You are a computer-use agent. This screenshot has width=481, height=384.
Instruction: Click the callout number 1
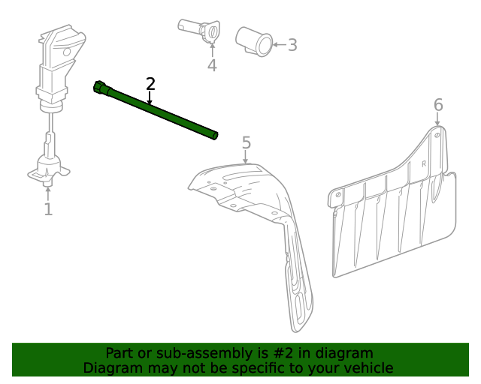[48, 209]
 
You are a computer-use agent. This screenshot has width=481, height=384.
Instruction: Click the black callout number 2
[150, 83]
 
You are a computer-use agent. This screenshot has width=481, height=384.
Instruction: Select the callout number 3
[292, 45]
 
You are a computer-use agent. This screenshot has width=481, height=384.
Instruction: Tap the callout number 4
[212, 66]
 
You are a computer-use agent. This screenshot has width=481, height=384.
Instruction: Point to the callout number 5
[246, 142]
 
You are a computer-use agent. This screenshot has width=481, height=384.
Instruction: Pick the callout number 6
[439, 105]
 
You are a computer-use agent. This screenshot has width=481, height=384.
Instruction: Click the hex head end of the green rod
[99, 88]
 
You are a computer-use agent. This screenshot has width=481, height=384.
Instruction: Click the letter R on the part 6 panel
[424, 163]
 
